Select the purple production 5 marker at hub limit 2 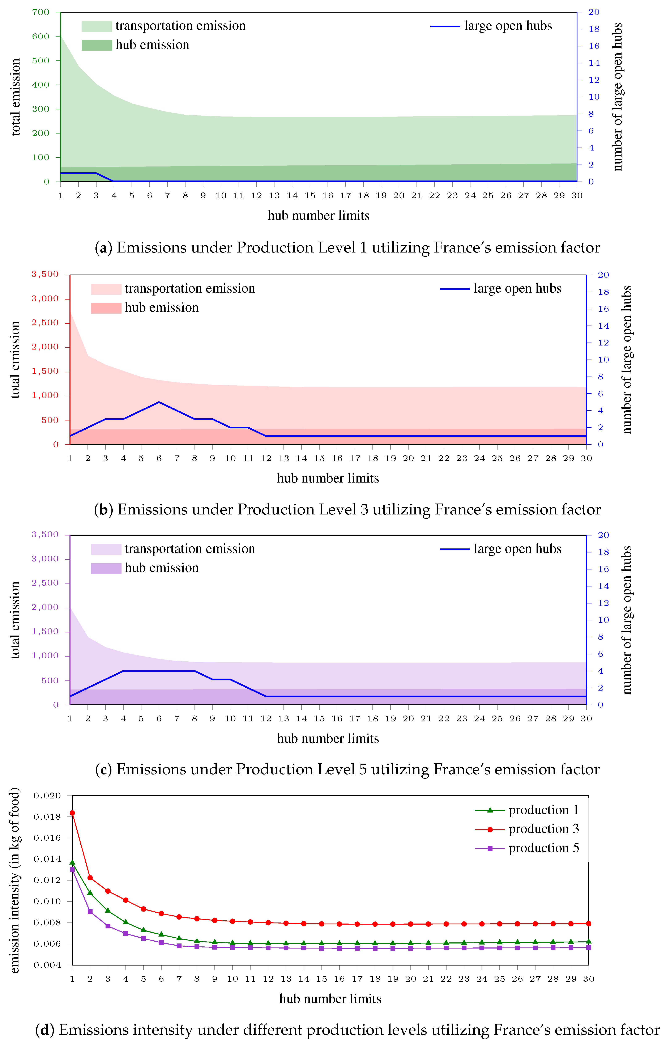click(90, 911)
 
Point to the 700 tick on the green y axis click(41, 12)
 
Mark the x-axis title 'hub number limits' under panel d click(330, 998)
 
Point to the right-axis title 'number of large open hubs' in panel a click(618, 97)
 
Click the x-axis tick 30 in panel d click(589, 979)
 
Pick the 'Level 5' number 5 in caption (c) click(362, 769)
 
